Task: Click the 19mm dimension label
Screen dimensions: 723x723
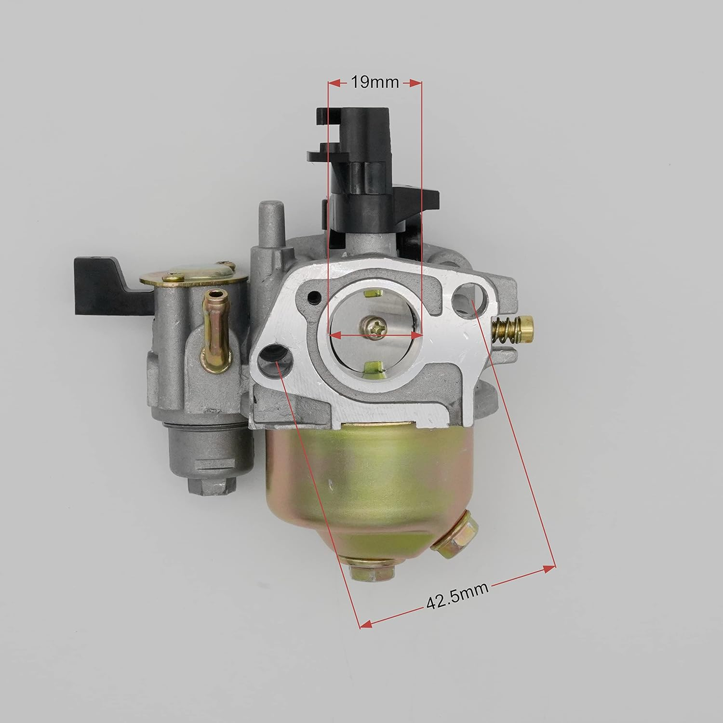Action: (x=375, y=82)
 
